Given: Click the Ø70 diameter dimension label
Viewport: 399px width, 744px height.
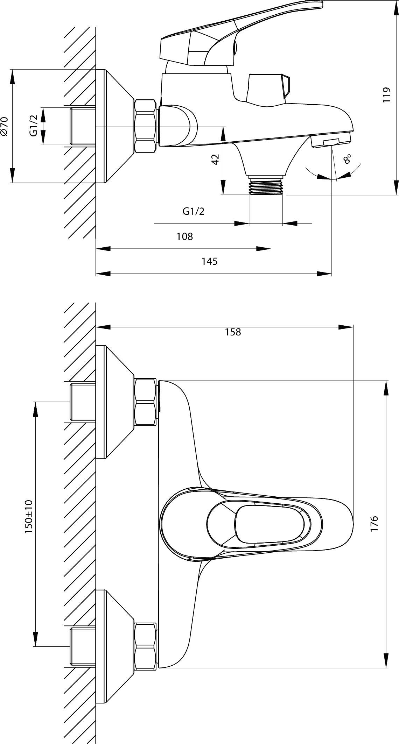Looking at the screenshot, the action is click(x=4, y=126).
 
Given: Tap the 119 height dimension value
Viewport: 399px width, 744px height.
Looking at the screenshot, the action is click(x=386, y=94).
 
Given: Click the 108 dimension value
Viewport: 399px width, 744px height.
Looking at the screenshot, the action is click(x=184, y=236).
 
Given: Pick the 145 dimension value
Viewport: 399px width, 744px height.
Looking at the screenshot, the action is click(x=209, y=261).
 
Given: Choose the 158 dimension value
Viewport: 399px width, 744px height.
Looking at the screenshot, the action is click(x=233, y=332).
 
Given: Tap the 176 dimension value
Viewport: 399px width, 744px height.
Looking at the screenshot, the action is click(x=374, y=524).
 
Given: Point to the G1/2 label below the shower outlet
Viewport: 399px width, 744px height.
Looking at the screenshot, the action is click(x=194, y=211).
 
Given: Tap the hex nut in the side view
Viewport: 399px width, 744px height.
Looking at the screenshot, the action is click(x=145, y=126).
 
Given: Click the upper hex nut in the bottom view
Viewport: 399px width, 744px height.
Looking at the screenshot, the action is click(x=145, y=402).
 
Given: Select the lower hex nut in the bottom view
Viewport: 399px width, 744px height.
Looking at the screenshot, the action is click(x=145, y=646).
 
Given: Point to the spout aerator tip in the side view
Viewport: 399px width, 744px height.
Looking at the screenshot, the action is click(x=331, y=141).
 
